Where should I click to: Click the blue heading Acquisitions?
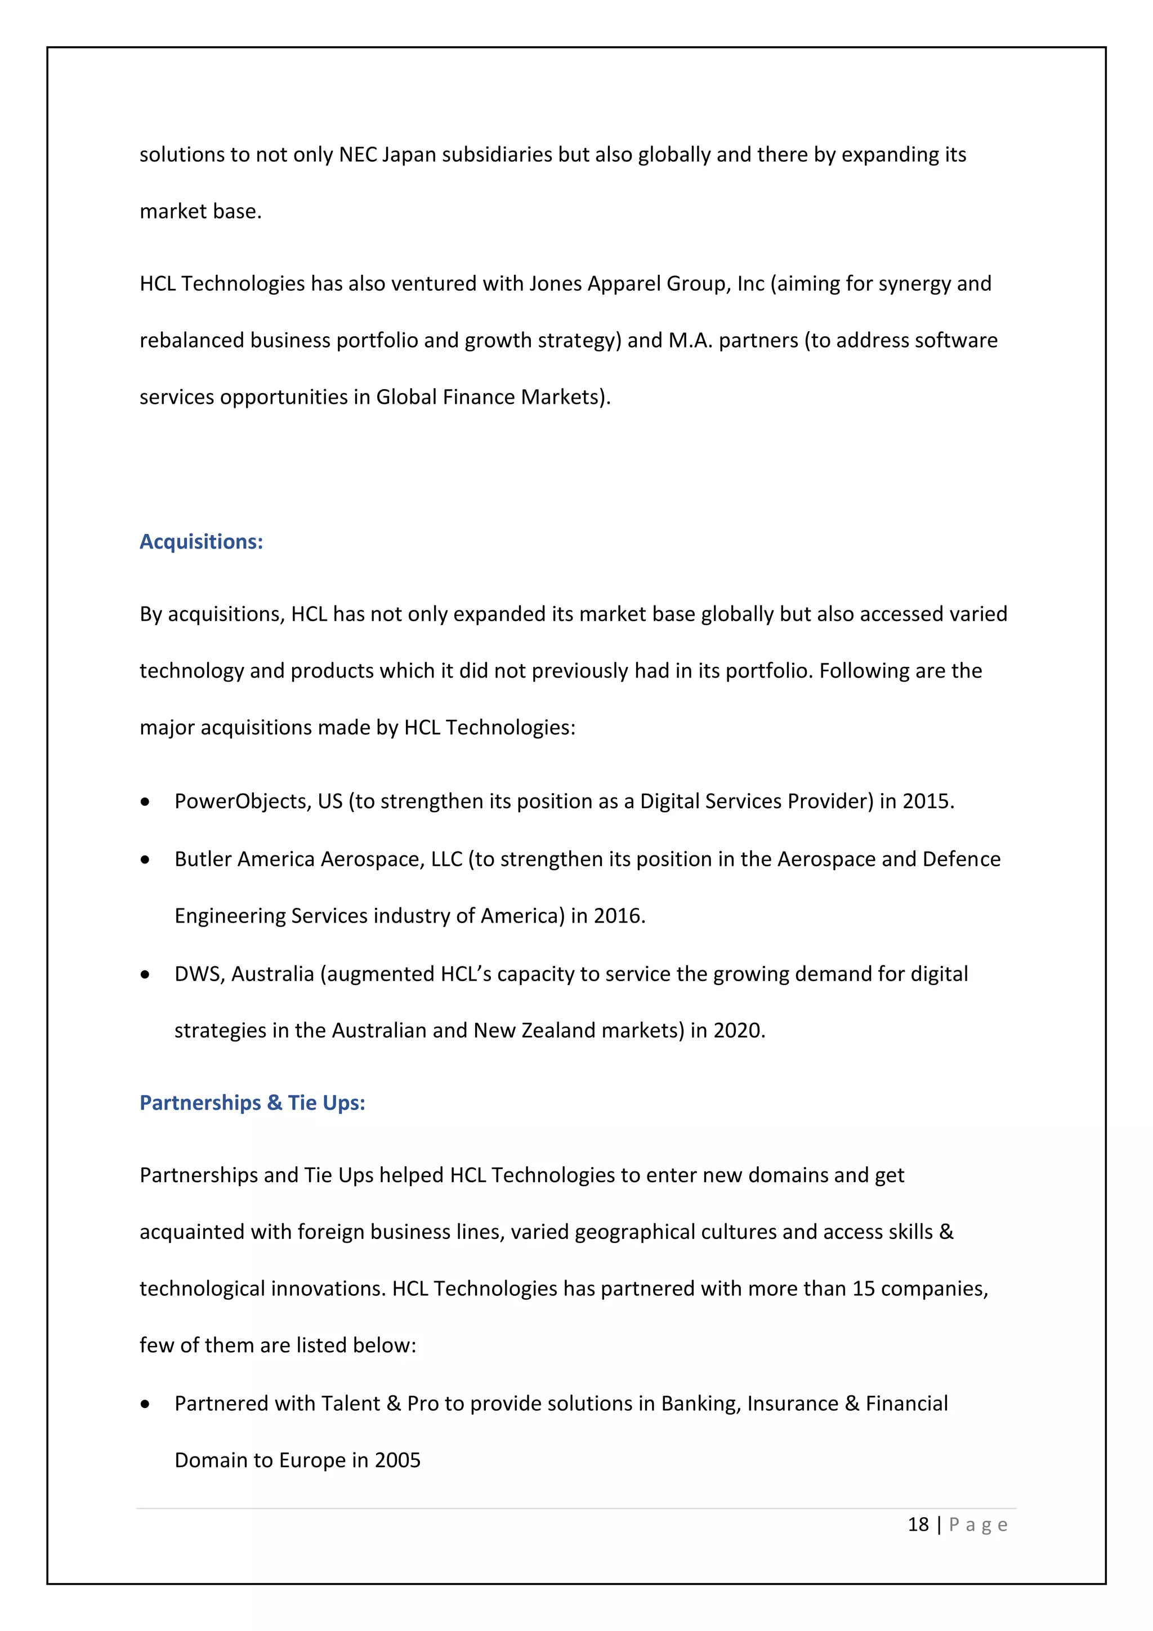click(x=201, y=541)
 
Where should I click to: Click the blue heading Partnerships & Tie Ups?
click(x=252, y=1103)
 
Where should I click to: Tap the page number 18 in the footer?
click(x=918, y=1525)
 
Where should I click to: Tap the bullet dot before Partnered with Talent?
click(x=146, y=1405)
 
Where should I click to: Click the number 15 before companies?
click(x=862, y=1289)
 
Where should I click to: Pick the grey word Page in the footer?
click(x=978, y=1525)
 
